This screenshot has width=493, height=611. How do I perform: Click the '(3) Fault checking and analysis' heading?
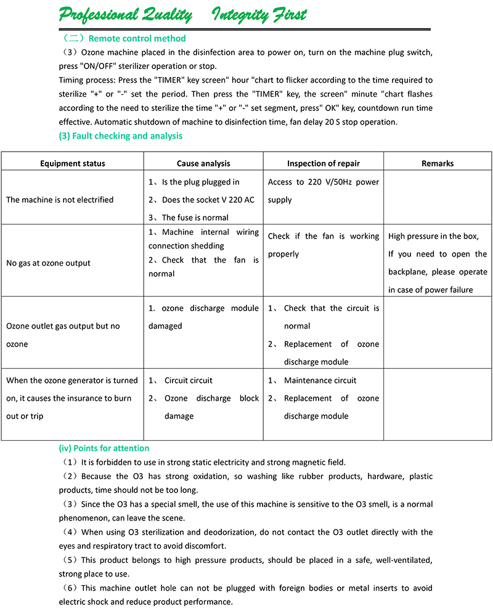coord(120,136)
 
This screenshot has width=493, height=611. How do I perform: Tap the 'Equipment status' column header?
coord(73,163)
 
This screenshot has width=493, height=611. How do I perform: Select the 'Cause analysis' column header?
coord(203,163)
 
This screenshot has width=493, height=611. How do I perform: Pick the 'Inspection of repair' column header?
coord(324,163)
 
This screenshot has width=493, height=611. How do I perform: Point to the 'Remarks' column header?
coord(438,163)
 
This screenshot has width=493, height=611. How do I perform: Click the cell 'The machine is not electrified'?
coord(60,200)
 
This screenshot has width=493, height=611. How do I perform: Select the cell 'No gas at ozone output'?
coord(48,263)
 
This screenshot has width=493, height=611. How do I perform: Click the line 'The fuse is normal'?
coord(195,218)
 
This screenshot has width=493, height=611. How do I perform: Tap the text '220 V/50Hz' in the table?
coord(331,182)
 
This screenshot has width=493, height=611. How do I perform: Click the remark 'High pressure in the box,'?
coord(433,236)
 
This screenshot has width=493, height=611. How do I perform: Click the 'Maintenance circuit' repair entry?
coord(320,380)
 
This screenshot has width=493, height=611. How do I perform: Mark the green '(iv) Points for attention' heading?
coord(104,448)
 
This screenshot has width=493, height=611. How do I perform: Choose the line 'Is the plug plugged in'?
coord(200,182)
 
